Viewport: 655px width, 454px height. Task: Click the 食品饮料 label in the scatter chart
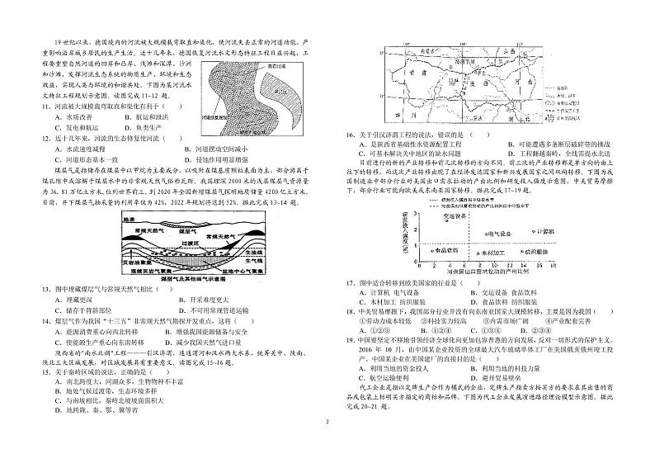450,249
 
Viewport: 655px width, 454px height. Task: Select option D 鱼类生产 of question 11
191,127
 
